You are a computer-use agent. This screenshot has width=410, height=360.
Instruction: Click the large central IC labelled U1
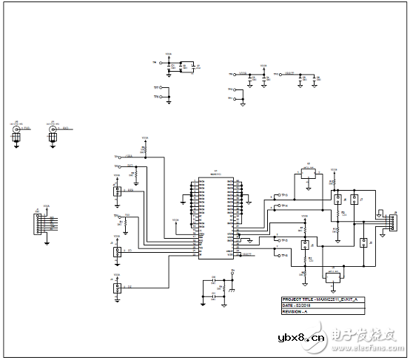pyautogui.click(x=215, y=217)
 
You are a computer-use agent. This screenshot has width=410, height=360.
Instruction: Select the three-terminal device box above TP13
pyautogui.click(x=306, y=173)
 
